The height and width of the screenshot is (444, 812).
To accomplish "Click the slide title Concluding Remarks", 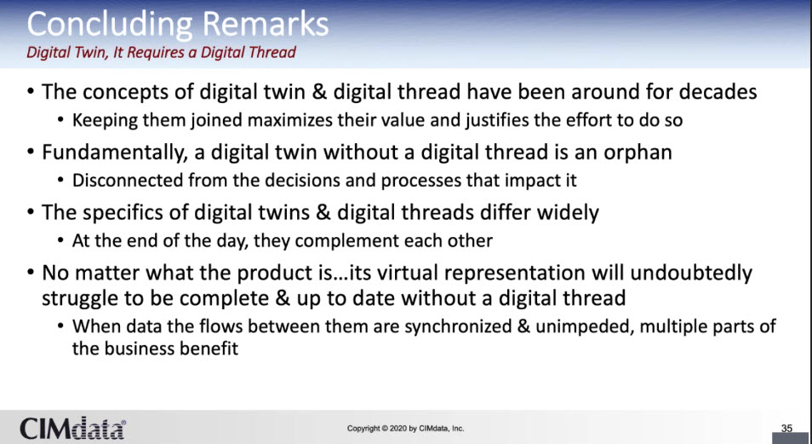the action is tap(178, 24).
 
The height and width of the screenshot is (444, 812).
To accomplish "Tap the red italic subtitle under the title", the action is tap(161, 52).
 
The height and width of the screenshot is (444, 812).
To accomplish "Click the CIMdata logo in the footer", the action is tap(72, 429).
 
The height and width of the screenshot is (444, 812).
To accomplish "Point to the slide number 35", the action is tap(786, 429).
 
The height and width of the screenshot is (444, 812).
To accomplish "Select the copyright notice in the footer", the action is tap(405, 429).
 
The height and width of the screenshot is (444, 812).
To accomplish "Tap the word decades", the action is tap(718, 92).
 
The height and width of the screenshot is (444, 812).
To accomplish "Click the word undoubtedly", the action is tap(691, 273).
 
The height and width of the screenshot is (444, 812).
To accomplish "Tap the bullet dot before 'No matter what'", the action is tap(31, 274).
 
